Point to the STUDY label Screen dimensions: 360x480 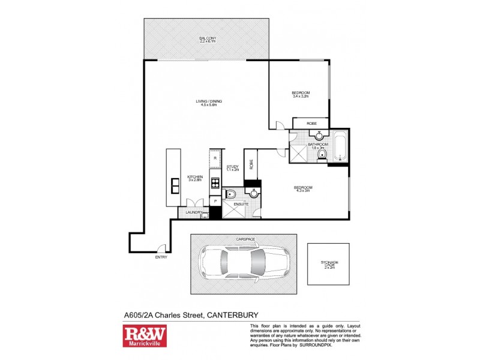(x=233, y=168)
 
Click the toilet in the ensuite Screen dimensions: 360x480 (x=231, y=193)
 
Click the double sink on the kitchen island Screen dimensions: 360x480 (x=176, y=185)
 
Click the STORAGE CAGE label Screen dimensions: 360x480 (x=327, y=265)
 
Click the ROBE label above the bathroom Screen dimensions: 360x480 (x=310, y=123)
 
